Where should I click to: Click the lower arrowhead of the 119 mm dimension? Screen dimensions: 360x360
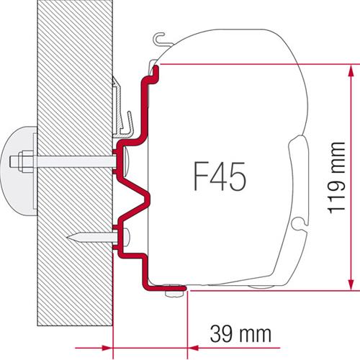coord(351,282)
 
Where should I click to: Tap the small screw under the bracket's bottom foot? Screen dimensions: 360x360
coord(172,292)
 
